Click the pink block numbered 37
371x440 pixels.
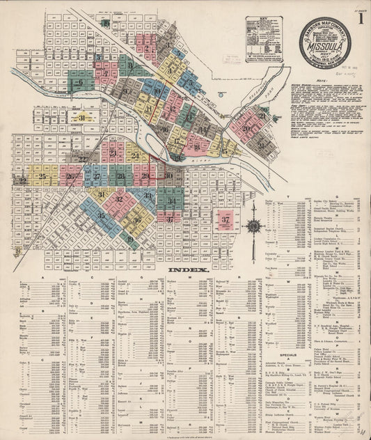225,220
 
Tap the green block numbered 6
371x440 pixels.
80,82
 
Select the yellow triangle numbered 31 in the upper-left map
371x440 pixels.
82,118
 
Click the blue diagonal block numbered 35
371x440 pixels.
102,216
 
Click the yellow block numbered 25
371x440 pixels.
43,176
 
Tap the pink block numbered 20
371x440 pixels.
247,128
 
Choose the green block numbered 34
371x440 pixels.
173,201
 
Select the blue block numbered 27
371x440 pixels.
96,176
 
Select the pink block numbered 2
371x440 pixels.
148,46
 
